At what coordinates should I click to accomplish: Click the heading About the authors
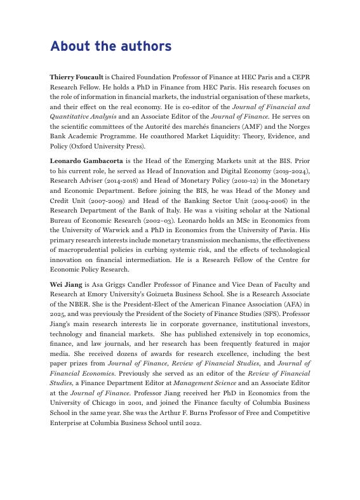pyautogui.click(x=110, y=46)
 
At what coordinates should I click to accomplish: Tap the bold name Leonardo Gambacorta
pyautogui.click(x=86, y=162)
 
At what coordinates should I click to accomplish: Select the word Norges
pyautogui.click(x=296, y=126)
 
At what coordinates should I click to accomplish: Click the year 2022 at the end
pyautogui.click(x=191, y=423)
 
